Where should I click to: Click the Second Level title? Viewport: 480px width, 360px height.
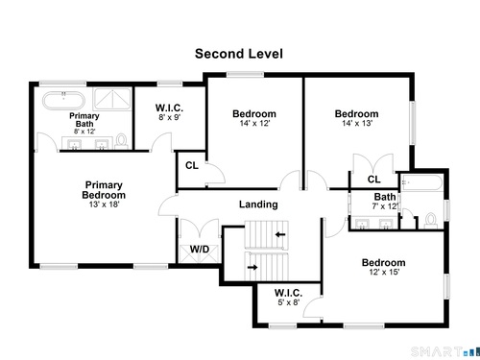[239, 54]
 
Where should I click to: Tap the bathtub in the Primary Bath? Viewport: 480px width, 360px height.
[64, 101]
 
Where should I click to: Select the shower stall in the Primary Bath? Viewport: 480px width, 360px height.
[112, 99]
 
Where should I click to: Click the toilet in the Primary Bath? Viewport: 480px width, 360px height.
[121, 141]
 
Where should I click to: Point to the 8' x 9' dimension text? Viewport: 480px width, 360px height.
[170, 117]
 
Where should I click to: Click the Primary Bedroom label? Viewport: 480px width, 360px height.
[104, 190]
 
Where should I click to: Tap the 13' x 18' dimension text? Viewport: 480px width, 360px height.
[104, 204]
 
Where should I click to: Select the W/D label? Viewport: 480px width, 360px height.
[200, 249]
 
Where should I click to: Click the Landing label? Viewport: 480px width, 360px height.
[258, 204]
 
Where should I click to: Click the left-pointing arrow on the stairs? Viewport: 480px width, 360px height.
[280, 234]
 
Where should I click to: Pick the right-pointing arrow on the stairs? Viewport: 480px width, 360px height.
[252, 267]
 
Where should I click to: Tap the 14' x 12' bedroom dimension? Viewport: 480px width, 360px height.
[254, 123]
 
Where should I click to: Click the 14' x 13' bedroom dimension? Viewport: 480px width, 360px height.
[357, 123]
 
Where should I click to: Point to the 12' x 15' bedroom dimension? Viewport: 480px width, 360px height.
[384, 272]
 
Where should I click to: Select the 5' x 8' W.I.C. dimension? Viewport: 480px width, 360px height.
[289, 302]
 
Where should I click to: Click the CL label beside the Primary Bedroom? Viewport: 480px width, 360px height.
[192, 165]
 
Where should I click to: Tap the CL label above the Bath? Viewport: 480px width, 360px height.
[373, 180]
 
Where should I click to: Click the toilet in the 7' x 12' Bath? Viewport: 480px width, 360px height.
[431, 221]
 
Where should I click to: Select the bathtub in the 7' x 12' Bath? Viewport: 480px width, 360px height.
[422, 183]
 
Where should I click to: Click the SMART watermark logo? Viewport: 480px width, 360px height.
[444, 351]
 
